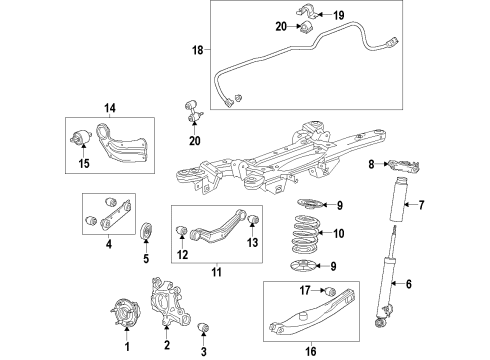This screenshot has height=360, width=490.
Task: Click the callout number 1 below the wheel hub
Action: [126, 347]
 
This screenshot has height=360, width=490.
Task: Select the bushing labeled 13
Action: [253, 220]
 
